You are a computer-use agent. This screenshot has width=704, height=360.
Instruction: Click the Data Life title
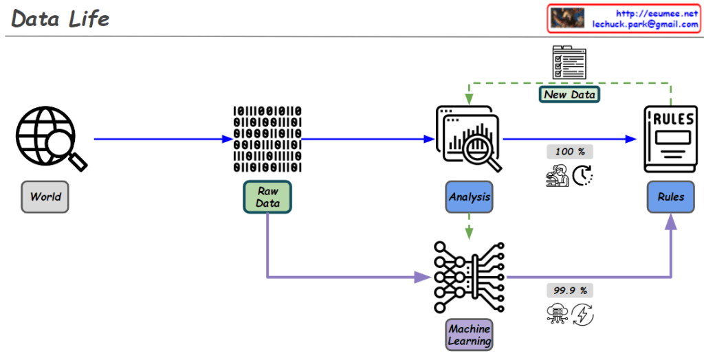click(x=60, y=19)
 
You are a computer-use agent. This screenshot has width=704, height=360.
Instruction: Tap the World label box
click(x=45, y=197)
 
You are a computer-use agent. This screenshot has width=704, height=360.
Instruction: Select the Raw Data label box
click(x=267, y=197)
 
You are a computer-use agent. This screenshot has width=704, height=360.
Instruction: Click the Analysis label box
click(x=469, y=197)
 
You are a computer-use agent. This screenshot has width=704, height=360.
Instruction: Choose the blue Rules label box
click(x=670, y=197)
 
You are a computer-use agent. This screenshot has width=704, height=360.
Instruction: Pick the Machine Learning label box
click(x=470, y=335)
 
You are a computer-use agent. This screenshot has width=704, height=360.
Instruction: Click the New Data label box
click(x=569, y=94)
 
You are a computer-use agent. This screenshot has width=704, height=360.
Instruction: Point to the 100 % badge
click(x=569, y=152)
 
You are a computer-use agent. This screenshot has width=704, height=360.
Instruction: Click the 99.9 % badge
click(x=569, y=291)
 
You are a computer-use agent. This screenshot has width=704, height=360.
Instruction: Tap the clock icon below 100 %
click(x=583, y=177)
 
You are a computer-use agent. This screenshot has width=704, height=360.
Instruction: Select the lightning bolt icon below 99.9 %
click(x=582, y=315)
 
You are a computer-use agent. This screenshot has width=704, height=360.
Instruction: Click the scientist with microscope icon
click(x=557, y=177)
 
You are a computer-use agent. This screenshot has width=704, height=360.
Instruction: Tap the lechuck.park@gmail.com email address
click(x=645, y=23)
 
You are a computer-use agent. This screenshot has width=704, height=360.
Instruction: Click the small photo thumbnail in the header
click(x=568, y=18)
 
